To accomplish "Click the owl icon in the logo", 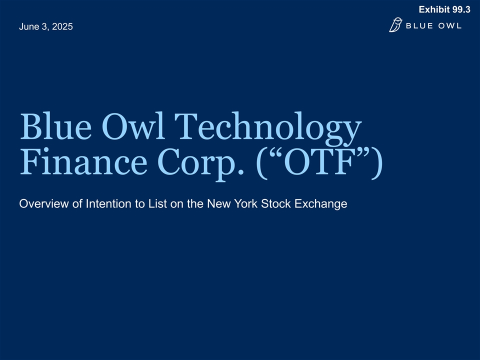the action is coord(395,25).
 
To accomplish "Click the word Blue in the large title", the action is coord(55,126).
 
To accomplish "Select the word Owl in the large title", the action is coord(134,126).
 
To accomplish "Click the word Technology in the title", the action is coord(268,128).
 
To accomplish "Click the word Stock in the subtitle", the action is coord(276,204).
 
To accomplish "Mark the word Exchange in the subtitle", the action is coord(321,205).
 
